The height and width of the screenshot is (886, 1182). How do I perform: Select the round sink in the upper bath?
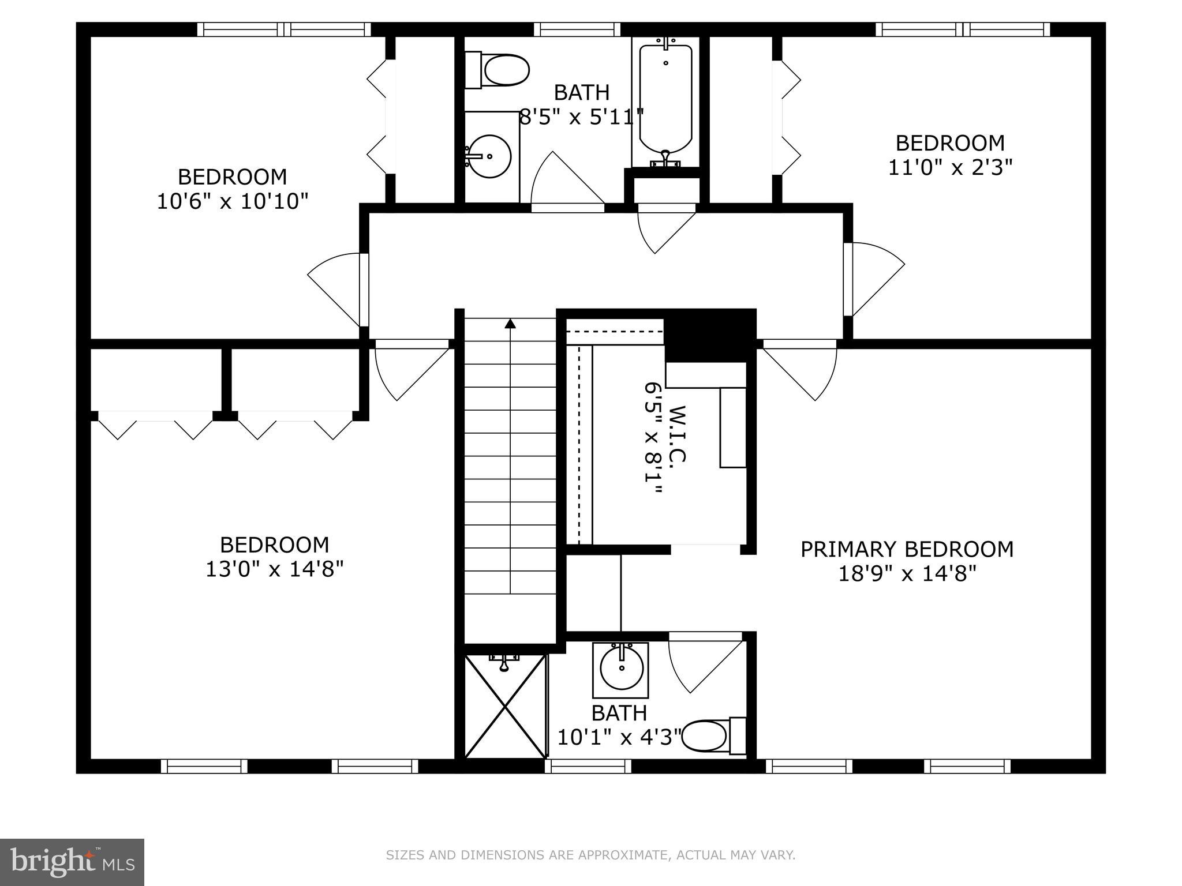489,156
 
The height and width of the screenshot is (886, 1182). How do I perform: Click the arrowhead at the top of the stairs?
510,324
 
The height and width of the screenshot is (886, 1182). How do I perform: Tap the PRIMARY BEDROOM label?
907,549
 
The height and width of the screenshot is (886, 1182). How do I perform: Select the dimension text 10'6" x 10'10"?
233,202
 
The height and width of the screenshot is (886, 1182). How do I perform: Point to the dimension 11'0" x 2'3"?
950,168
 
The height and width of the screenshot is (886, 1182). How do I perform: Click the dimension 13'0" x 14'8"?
275,570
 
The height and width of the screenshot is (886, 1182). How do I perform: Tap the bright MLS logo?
72,862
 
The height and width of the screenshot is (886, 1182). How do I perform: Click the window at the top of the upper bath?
577,29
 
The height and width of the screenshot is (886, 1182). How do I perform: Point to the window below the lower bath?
588,766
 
